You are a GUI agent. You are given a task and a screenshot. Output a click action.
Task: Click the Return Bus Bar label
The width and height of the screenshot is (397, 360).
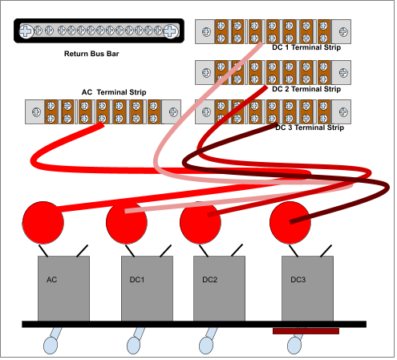tap(91, 54)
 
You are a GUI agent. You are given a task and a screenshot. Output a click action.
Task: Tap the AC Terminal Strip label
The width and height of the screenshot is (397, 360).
tap(114, 92)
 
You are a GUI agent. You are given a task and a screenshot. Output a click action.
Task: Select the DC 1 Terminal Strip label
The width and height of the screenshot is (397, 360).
tap(306, 47)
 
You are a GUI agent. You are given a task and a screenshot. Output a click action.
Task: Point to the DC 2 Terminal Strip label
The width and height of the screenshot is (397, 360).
tap(306, 89)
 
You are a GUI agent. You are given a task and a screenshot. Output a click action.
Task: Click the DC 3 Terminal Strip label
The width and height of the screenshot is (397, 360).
tap(310, 127)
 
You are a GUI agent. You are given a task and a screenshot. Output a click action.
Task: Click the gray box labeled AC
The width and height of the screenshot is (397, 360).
tap(63, 289)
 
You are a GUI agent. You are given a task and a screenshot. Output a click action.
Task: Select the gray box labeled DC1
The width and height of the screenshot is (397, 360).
tap(147, 289)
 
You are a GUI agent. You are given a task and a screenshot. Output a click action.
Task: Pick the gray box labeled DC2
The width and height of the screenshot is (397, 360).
tap(219, 289)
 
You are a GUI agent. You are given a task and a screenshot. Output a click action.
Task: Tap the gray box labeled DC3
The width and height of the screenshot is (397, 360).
tap(307, 289)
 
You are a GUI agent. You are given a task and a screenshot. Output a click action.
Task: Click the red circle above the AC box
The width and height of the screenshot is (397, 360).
tap(43, 223)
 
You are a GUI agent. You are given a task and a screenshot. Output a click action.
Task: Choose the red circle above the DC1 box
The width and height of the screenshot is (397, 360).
tap(127, 223)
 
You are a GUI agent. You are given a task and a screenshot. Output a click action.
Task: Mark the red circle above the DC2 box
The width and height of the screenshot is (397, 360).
tap(201, 223)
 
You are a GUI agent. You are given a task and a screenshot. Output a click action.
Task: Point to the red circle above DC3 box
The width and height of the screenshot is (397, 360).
tap(290, 223)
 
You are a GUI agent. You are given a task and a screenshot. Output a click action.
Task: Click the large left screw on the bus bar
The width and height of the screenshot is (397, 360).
tap(26, 31)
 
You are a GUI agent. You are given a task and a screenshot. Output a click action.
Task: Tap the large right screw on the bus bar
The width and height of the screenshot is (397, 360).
tap(170, 31)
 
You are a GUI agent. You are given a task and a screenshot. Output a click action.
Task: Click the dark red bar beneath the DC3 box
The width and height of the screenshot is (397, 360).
tap(306, 331)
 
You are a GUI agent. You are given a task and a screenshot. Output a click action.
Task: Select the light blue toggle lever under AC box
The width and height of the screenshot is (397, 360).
tap(52, 341)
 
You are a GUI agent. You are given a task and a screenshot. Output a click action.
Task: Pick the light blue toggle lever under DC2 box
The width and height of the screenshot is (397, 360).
tap(208, 341)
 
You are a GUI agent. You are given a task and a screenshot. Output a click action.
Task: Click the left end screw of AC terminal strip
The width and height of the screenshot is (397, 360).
tap(36, 112)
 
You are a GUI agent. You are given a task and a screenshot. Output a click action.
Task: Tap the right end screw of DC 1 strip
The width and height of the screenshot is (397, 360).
tap(343, 32)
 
